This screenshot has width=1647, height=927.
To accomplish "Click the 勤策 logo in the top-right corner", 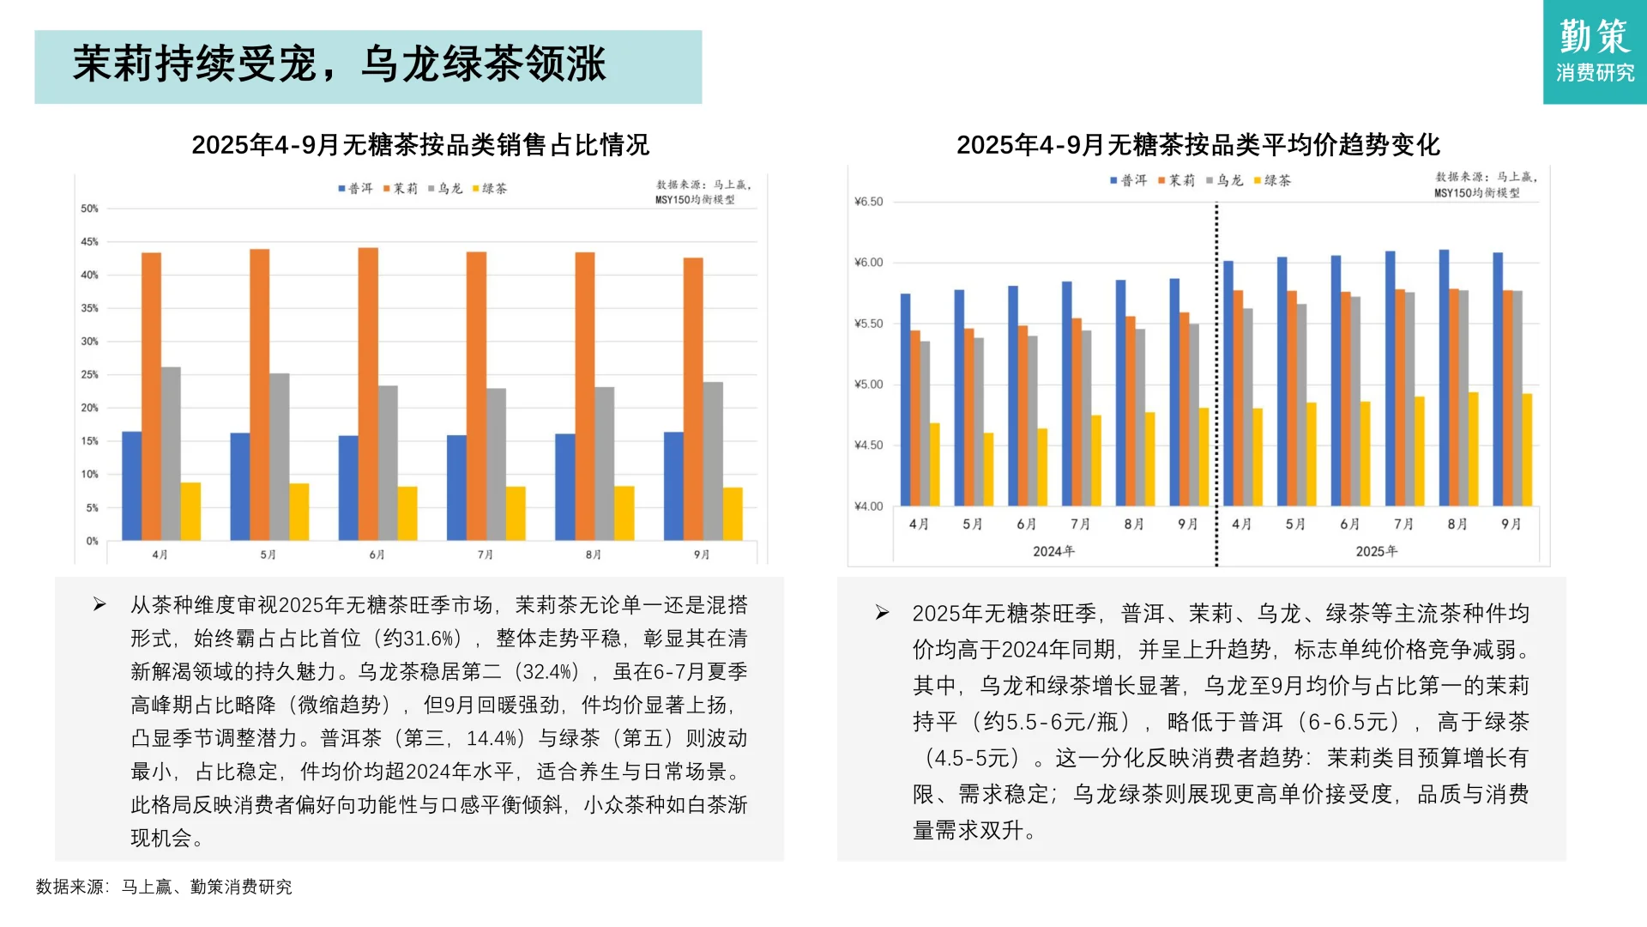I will (1594, 51).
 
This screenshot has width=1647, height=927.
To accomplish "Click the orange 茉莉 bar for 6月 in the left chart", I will (368, 394).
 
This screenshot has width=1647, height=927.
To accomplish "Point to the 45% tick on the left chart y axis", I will (89, 242).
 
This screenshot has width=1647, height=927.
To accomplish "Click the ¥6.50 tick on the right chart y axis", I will (868, 202).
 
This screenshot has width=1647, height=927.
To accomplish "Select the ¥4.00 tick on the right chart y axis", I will (868, 506).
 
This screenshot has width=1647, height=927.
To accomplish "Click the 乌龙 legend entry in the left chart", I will (445, 188).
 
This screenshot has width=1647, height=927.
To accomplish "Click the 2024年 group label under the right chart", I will (1053, 551).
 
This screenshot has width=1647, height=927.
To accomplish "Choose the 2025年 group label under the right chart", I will (1376, 551).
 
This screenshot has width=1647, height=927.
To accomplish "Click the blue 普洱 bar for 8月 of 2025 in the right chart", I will (1444, 378).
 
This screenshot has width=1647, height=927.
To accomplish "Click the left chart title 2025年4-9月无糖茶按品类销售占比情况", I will (420, 145).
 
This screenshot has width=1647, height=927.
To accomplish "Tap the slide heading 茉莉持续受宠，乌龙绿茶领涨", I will (340, 64).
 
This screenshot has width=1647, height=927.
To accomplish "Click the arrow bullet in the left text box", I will (100, 605).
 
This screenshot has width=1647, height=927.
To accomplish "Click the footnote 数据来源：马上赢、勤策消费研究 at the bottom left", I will (164, 887).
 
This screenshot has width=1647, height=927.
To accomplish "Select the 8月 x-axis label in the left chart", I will (593, 554).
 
